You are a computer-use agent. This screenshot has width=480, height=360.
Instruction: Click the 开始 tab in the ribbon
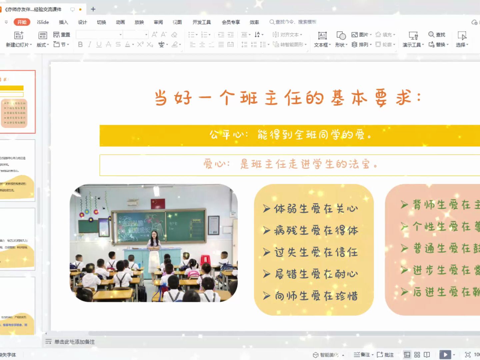tap(22, 22)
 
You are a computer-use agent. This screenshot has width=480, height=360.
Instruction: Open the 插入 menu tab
tap(63, 22)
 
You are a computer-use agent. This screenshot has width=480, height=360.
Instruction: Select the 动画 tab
tap(120, 22)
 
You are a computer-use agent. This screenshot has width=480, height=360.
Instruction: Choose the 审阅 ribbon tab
tap(158, 22)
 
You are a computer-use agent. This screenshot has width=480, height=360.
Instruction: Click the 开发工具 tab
tap(202, 22)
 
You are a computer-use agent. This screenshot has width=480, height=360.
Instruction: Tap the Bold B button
tap(80, 44)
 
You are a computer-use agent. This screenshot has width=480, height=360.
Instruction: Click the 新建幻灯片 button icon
tap(19, 35)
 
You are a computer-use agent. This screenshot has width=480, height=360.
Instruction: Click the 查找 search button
tap(437, 35)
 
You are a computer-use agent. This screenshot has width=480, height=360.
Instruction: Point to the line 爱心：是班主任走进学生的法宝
tap(290, 164)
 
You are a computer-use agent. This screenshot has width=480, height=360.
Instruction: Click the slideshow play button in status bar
tap(445, 355)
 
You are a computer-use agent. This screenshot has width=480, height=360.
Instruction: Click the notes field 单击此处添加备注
tap(75, 342)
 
